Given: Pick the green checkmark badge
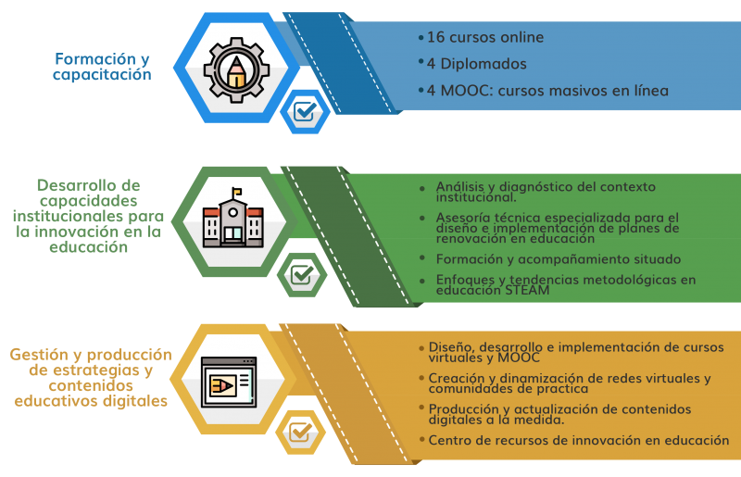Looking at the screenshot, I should [x=302, y=274].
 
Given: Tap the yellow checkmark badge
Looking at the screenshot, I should [x=301, y=431].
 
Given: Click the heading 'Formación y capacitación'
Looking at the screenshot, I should [x=101, y=67].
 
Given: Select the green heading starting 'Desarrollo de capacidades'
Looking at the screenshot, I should [x=90, y=216].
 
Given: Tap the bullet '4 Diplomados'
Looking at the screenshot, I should [x=476, y=64].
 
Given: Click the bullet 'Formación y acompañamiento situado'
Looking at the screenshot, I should [x=559, y=258].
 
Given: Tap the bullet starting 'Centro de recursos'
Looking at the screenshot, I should [x=578, y=440].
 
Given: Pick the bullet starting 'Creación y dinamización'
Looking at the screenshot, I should [x=569, y=383].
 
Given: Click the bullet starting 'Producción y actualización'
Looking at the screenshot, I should [x=559, y=413].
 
